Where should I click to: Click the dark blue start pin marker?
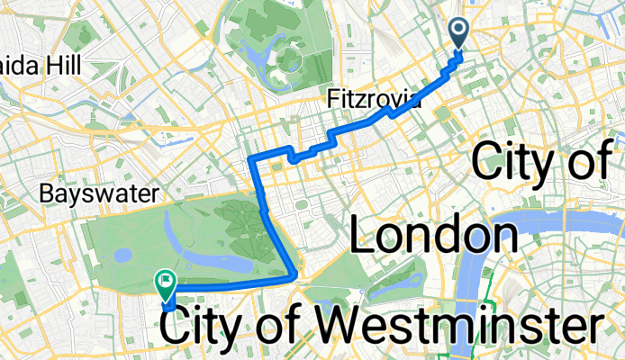click(458, 33)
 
